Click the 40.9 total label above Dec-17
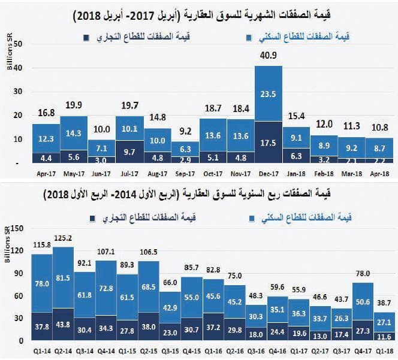point(268,57)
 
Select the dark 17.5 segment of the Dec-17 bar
point(268,144)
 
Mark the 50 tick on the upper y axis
point(19,44)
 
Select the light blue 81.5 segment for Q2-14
point(64,277)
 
